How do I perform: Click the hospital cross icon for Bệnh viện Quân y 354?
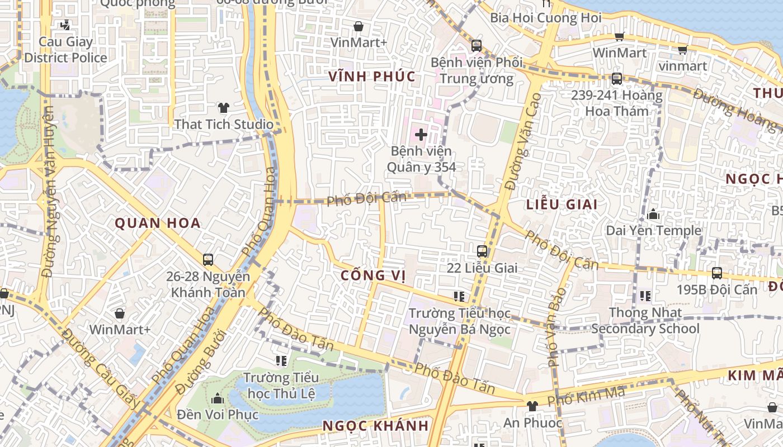pos(421,134)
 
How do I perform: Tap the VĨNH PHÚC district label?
pos(372,77)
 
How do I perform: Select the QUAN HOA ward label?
pos(158,223)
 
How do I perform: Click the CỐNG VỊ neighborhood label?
pos(372,275)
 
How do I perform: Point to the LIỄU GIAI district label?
pos(562,205)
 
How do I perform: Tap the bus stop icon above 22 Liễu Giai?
pos(482,251)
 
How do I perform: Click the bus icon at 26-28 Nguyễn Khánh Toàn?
pos(208,259)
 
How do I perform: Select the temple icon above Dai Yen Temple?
pos(653,214)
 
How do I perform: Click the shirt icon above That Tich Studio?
pos(224,107)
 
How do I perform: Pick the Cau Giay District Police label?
pos(65,50)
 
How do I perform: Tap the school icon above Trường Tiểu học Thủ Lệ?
pos(281,361)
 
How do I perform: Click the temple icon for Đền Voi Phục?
pos(218,398)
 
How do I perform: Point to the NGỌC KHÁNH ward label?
pos(375,426)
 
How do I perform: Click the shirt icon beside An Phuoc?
pos(532,406)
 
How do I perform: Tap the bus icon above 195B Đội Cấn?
pos(717,273)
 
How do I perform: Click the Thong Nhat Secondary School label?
pos(645,321)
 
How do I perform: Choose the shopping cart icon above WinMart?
pos(619,36)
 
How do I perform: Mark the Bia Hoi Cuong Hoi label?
pos(545,17)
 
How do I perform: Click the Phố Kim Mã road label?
pos(586,397)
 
